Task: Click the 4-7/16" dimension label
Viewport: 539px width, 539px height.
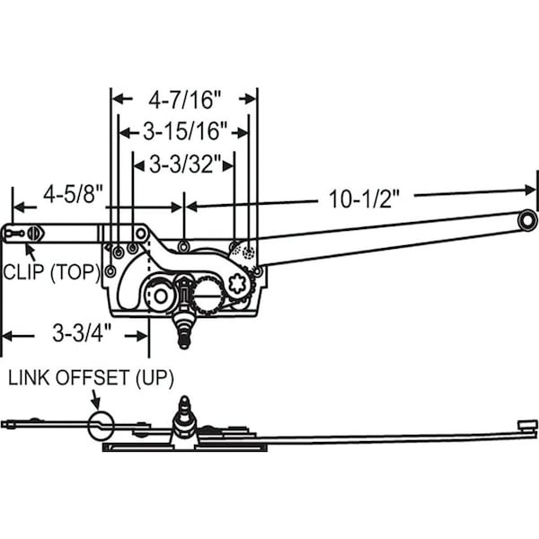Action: click(x=183, y=97)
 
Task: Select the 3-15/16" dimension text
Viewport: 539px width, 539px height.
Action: click(x=183, y=132)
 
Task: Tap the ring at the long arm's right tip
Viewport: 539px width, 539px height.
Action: click(x=526, y=220)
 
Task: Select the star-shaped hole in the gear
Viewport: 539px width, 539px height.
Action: click(x=238, y=285)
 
